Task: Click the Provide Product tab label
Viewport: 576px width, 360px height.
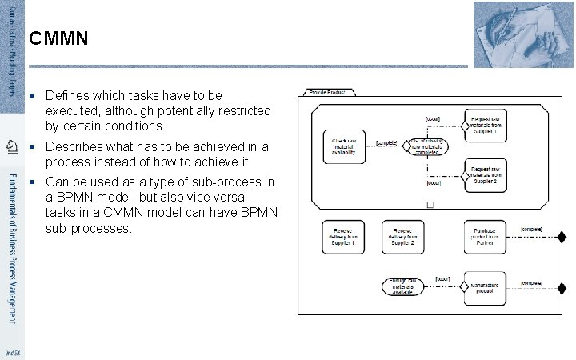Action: [x=323, y=93]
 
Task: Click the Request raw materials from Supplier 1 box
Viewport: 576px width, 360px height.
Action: [x=490, y=125]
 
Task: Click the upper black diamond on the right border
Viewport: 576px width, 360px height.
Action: [x=562, y=237]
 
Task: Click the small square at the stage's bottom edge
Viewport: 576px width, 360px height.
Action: [x=430, y=206]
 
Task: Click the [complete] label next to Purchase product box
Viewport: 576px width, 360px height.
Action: [x=531, y=230]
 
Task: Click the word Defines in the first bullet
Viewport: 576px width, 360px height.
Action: [x=66, y=94]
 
